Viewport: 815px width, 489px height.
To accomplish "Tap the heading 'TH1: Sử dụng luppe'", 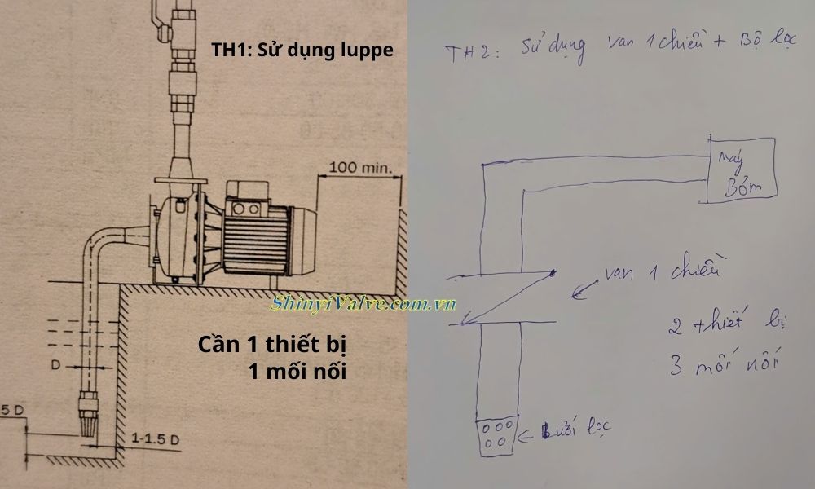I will (x=302, y=51).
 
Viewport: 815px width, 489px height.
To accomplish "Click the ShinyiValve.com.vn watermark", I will (x=363, y=305).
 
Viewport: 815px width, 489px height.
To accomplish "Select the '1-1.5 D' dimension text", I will (x=153, y=439).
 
